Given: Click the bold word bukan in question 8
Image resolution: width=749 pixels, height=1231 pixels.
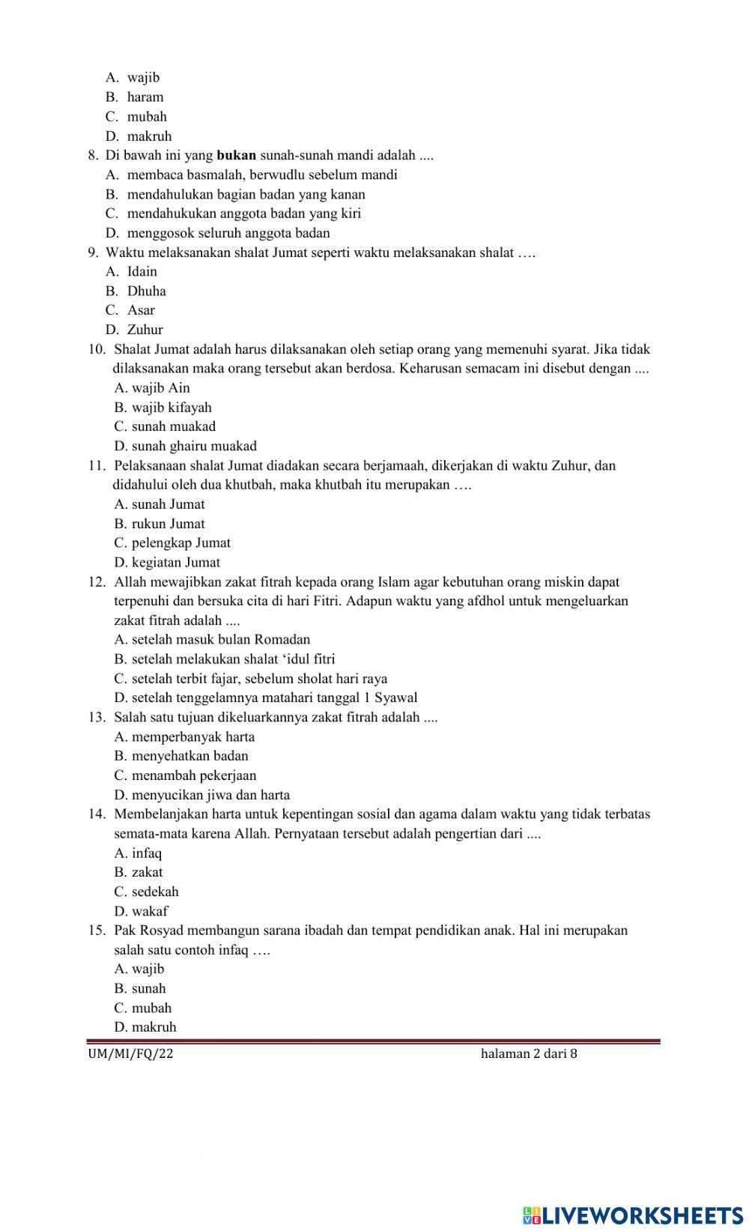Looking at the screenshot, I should point(236,156).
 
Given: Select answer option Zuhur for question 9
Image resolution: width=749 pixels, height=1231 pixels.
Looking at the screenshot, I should point(145,330).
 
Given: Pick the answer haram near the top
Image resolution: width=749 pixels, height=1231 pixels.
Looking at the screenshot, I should point(145,97).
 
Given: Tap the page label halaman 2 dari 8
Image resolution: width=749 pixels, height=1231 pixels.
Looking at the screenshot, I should point(529,1054).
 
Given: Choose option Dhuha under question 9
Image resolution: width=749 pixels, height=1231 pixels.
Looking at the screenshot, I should point(146,291).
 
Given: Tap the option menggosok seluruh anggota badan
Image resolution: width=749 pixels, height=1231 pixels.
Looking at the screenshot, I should point(228,233).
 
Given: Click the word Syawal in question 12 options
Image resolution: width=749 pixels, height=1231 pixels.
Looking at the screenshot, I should point(395,698).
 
